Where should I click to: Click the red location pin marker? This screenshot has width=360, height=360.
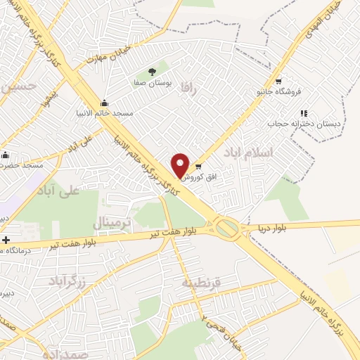[x=180, y=165]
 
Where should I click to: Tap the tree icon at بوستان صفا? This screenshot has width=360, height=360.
[x=153, y=71]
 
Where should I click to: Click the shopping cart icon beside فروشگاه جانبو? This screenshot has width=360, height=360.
[x=280, y=79]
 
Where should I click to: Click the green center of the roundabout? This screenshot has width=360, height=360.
[x=226, y=228]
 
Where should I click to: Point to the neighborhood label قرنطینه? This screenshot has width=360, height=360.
[x=202, y=283]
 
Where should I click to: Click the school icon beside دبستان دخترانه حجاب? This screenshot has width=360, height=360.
[x=304, y=112]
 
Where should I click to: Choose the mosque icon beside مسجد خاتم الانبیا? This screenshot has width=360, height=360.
[x=105, y=103]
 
